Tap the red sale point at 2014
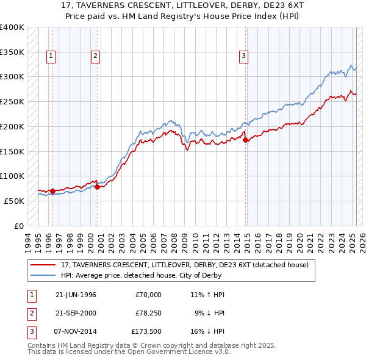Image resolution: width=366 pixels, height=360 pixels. coord(246,140)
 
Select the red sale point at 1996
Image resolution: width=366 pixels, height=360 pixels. coord(53,191)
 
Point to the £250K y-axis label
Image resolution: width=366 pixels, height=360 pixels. coord(12,101)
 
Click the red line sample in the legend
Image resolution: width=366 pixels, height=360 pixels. coord(43,265)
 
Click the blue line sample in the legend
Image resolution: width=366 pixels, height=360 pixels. coord(43,275)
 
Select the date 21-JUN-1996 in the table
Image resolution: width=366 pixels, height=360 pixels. coord(76,295)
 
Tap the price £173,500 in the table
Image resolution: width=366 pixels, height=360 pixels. coord(146,332)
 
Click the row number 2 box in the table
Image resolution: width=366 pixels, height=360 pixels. coord(30,314)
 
